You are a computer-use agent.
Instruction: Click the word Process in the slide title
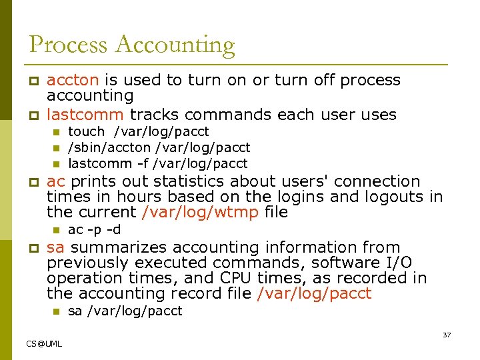tap(69, 45)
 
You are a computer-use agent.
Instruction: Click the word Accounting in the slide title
tap(175, 45)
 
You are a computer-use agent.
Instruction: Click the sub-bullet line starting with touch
tap(139, 132)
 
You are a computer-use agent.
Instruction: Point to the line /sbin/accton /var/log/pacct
tap(159, 147)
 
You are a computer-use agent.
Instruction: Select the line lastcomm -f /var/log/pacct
tap(158, 163)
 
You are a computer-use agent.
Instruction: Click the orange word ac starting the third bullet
tap(56, 181)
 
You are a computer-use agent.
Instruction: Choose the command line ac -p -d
tap(95, 230)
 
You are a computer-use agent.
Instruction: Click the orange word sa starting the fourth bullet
tap(55, 247)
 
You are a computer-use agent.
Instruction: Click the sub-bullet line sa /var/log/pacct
tap(125, 311)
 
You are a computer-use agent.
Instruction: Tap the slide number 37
tap(447, 335)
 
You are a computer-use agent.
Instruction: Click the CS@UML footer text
tap(44, 343)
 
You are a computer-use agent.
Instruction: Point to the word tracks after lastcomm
tap(153, 115)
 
